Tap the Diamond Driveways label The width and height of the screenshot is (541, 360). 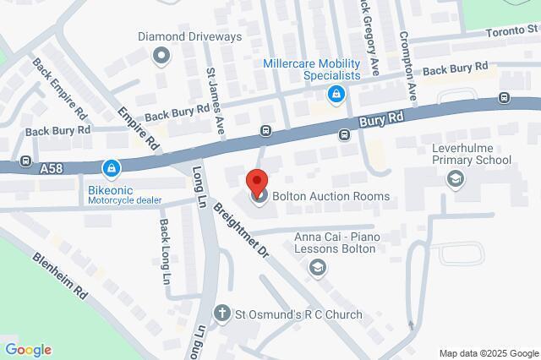[x=190, y=37]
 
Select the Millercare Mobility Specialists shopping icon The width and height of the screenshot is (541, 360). [x=336, y=94]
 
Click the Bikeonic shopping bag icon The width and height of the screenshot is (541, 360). [x=112, y=169]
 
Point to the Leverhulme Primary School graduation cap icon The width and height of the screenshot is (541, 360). [x=456, y=178]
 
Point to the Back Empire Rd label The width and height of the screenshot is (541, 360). [x=59, y=88]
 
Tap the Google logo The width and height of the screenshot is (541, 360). [x=28, y=350]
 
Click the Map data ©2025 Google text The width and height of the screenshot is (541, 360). [x=489, y=353]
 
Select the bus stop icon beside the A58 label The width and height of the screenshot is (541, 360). [x=26, y=161]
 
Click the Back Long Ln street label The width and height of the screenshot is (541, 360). [x=165, y=252]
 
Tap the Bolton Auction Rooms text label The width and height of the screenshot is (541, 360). [x=331, y=197]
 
